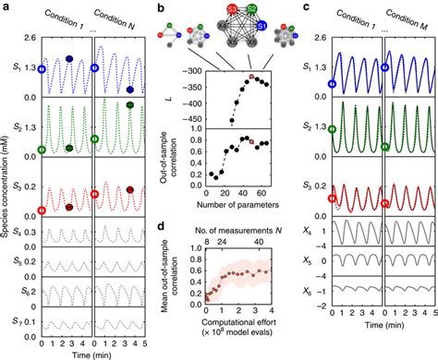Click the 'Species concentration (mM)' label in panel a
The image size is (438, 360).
(x=7, y=185)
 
